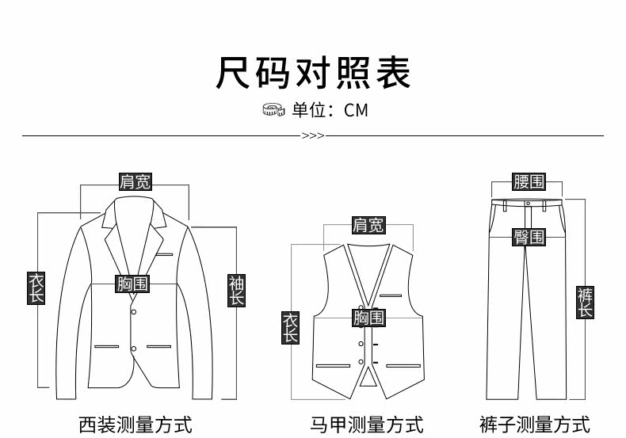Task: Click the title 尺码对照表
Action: pos(313,73)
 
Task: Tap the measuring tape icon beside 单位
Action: pos(273,109)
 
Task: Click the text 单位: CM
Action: pos(330,110)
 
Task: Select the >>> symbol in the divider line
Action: pos(313,135)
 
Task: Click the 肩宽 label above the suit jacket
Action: pos(135,181)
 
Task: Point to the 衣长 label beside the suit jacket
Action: pos(36,288)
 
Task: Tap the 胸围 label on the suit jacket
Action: pos(133,284)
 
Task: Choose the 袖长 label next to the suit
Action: pos(237,290)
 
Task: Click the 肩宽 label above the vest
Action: pos(368,226)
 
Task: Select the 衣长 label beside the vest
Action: pos(291,327)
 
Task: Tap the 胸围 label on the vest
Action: pos(368,318)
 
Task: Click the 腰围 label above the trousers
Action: pos(529,182)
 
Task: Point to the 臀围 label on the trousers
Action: pos(529,237)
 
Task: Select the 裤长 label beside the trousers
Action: pos(585,303)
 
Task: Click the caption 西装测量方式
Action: pos(136,425)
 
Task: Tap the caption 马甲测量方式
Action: pos(367,425)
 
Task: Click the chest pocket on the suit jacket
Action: pos(165,255)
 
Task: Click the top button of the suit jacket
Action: pos(134,312)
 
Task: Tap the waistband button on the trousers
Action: pos(529,202)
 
